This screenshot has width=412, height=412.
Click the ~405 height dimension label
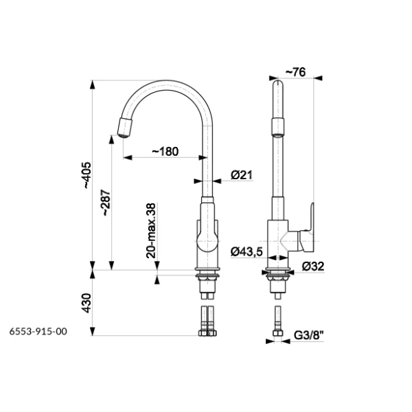[88, 175]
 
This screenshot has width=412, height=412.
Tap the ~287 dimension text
[106, 203]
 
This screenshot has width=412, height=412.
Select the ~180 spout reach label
[165, 151]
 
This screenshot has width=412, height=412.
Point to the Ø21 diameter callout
[242, 175]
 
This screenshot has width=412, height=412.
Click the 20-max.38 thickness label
[151, 231]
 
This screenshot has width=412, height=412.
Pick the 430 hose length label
[87, 303]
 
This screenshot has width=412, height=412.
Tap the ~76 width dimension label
[295, 72]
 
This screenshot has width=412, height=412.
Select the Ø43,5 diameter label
[247, 252]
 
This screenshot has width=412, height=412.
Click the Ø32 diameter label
[313, 266]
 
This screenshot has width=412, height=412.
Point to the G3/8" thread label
[309, 335]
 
